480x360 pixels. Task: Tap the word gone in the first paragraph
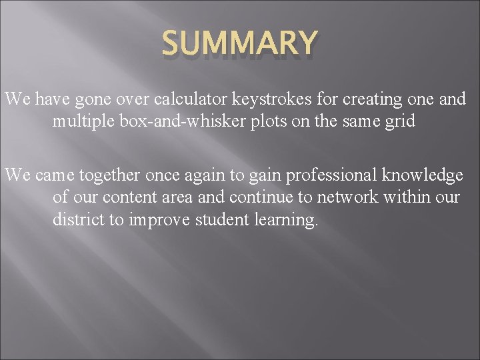click(x=92, y=101)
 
